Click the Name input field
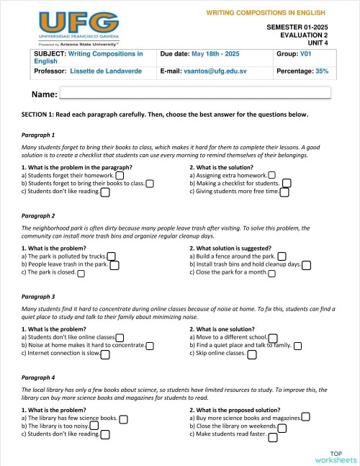[x=194, y=92]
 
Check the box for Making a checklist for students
[x=287, y=184]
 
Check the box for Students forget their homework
[x=120, y=175]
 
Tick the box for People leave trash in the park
[x=114, y=265]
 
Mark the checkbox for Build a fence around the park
[x=282, y=256]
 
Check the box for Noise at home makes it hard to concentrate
[x=150, y=346]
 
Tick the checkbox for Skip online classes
[x=251, y=354]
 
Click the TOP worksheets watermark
[x=335, y=456]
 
